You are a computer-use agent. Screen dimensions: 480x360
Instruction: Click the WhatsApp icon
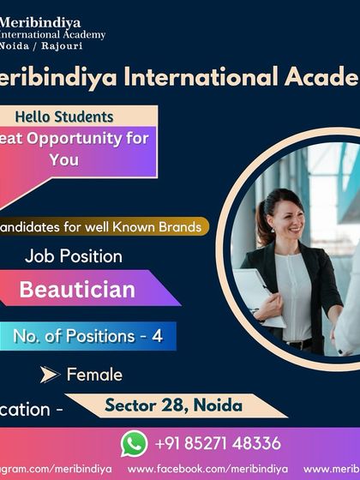coord(134,443)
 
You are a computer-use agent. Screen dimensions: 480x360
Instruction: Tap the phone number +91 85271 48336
coord(218,443)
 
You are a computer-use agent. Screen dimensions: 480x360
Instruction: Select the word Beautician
coord(77,289)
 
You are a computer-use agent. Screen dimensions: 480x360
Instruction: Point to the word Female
coord(94,374)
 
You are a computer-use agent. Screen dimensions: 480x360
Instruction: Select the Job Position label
coord(74,255)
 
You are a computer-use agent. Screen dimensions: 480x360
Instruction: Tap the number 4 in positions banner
coord(156,336)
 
